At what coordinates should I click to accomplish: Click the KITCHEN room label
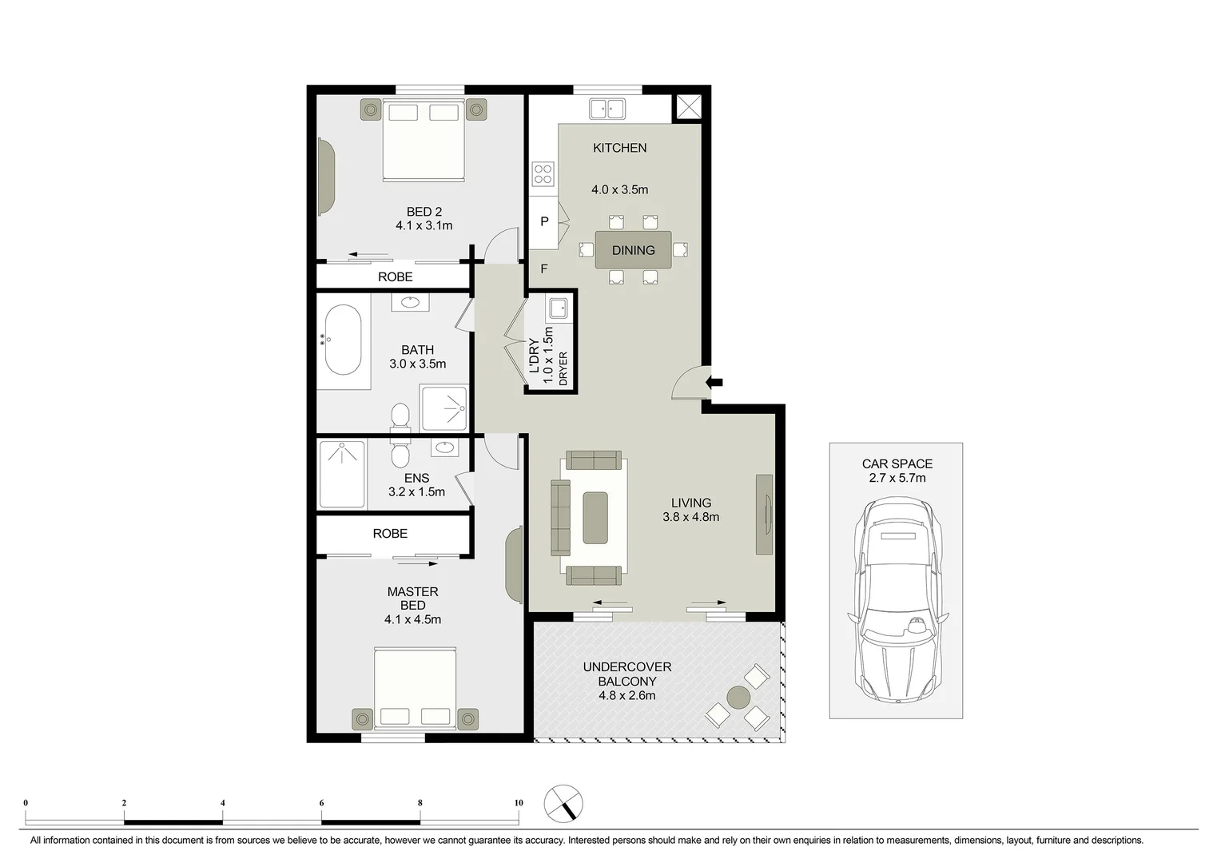pyautogui.click(x=619, y=148)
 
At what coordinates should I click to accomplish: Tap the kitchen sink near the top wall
pyautogui.click(x=607, y=108)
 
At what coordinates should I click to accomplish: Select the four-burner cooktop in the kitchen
pyautogui.click(x=543, y=173)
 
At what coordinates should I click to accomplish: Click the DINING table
pyautogui.click(x=633, y=250)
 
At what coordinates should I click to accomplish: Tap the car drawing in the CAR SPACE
pyautogui.click(x=897, y=599)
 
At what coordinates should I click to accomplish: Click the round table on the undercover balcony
pyautogui.click(x=738, y=697)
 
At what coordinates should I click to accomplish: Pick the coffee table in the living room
pyautogui.click(x=595, y=518)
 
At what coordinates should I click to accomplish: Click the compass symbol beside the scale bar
pyautogui.click(x=563, y=804)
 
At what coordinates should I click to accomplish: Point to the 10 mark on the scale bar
pyautogui.click(x=519, y=803)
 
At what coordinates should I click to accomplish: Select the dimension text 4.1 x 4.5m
pyautogui.click(x=412, y=619)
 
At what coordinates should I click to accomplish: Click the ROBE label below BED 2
pyautogui.click(x=395, y=276)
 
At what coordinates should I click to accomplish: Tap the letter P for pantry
pyautogui.click(x=544, y=221)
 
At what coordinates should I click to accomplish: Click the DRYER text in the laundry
pyautogui.click(x=563, y=369)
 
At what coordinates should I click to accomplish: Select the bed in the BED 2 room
pyautogui.click(x=423, y=140)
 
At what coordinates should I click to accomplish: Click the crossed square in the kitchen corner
pyautogui.click(x=688, y=107)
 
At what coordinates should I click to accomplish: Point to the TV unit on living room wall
pyautogui.click(x=764, y=515)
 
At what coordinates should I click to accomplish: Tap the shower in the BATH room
pyautogui.click(x=443, y=408)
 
